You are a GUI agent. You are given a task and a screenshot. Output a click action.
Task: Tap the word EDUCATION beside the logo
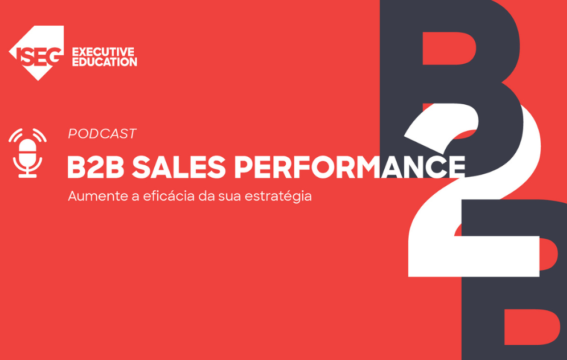(x=104, y=62)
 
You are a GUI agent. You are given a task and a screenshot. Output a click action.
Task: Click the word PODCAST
(x=102, y=134)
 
